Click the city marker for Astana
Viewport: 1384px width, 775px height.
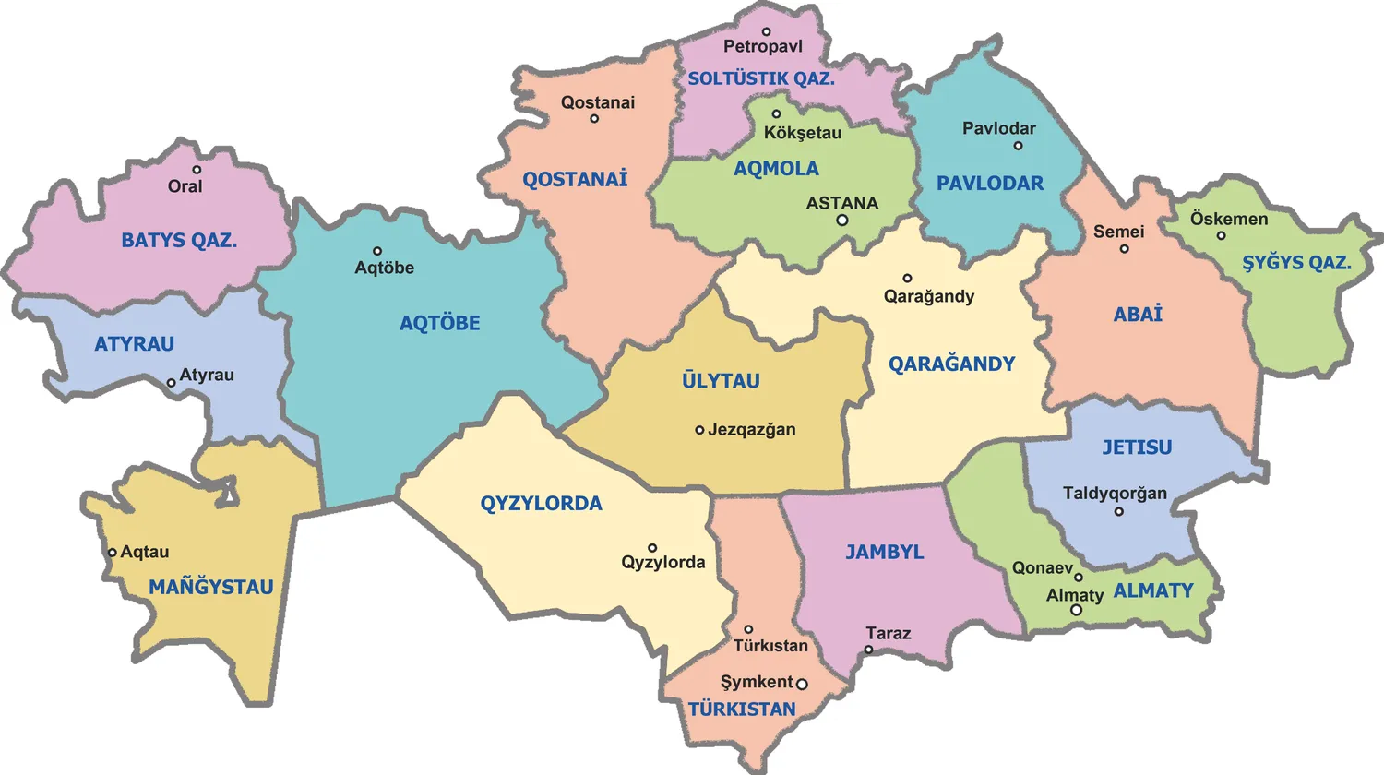coord(842,221)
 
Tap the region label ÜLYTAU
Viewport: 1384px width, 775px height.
coord(721,381)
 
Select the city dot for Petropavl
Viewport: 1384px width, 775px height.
coord(766,32)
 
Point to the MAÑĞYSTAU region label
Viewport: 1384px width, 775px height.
coord(211,588)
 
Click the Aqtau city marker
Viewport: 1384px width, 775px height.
coord(112,553)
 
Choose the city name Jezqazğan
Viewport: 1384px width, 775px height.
coord(751,430)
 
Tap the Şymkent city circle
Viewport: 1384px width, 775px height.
coord(802,684)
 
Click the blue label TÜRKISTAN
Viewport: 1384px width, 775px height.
coord(742,709)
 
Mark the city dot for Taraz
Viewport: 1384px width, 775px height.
coord(868,650)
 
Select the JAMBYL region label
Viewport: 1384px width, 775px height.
coord(885,553)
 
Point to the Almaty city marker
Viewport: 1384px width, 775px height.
coord(1076,610)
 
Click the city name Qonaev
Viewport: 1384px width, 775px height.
coord(1043,568)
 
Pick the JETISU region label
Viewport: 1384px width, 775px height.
coord(1137,447)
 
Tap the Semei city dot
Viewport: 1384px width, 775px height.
coord(1124,248)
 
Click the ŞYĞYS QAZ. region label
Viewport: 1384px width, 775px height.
coord(1296,263)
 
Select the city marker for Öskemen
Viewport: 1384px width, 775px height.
coord(1221,235)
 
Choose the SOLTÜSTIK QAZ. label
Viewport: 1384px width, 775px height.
coord(761,79)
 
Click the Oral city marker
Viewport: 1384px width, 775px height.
coord(197,170)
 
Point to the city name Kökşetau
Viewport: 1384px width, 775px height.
coord(803,133)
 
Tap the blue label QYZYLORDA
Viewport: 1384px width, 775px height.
coord(541,504)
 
